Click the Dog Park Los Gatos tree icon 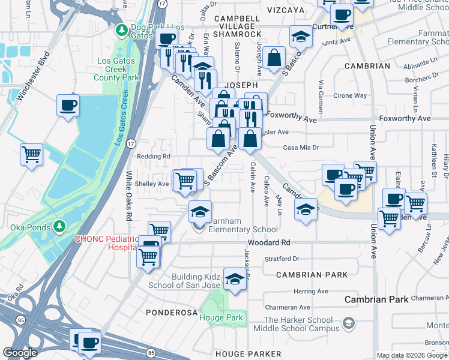coord(121,29)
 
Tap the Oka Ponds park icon coord(59,226)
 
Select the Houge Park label coord(220,317)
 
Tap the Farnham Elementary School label coord(242,225)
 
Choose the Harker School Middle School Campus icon coord(348,325)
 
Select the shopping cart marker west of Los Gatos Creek coord(31,155)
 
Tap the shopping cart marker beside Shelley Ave coord(185,180)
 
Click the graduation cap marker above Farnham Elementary coord(200,211)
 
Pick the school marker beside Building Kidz coord(235,278)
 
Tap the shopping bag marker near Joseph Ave coord(274,59)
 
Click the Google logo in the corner coord(20,353)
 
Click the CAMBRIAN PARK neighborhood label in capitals coord(312,274)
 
